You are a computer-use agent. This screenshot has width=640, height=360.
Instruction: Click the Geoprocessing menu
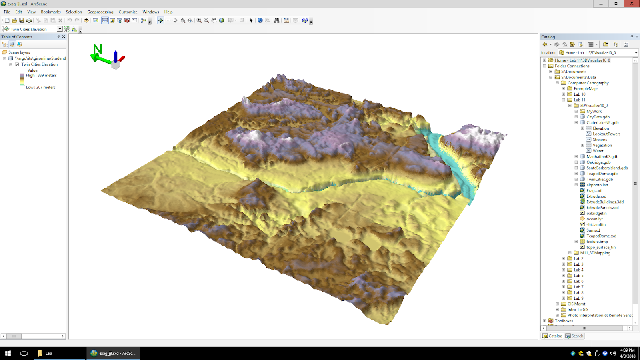tap(100, 12)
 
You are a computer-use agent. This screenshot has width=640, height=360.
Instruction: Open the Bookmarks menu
tap(51, 12)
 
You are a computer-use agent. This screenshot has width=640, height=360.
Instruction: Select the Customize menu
tap(128, 12)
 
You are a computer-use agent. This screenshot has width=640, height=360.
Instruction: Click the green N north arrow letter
tap(98, 49)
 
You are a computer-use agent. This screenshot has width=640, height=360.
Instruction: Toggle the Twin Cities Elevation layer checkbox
tap(17, 64)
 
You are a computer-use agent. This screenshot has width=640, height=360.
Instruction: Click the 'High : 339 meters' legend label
tap(41, 75)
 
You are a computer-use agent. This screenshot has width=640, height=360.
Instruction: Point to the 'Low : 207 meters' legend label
tap(40, 87)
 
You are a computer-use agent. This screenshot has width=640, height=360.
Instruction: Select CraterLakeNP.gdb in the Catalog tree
tap(602, 123)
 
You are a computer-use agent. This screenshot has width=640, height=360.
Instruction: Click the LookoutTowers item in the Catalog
tap(606, 134)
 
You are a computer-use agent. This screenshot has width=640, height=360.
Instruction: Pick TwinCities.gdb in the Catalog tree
tap(599, 179)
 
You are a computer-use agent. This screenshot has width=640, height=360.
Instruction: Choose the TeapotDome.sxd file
tap(601, 236)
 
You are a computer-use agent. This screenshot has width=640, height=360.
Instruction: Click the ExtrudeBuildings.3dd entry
tap(605, 202)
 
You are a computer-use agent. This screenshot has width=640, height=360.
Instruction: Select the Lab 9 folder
tap(578, 298)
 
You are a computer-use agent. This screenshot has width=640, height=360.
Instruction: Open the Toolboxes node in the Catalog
tap(564, 321)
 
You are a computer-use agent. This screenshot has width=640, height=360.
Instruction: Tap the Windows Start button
tap(8, 353)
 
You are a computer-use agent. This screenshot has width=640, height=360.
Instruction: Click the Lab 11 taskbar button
tap(51, 353)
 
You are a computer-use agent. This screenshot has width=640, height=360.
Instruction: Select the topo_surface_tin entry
tap(601, 247)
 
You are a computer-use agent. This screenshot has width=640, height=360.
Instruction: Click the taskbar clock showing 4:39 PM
tap(627, 353)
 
